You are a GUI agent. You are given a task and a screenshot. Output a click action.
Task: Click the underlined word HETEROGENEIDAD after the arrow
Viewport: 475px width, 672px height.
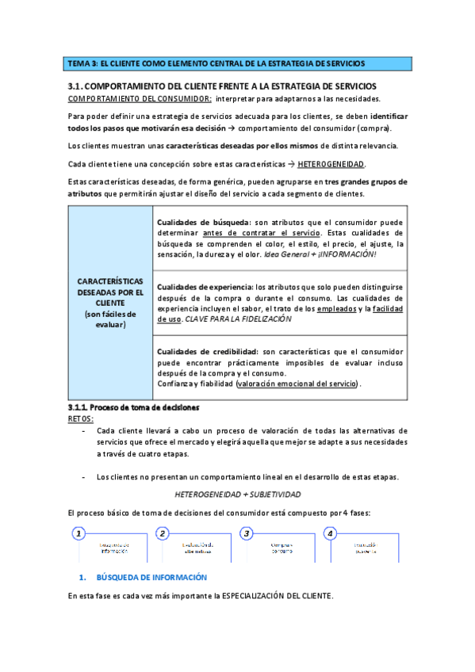pos(331,164)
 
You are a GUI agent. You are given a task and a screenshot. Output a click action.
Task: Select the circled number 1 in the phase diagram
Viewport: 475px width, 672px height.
pos(79,534)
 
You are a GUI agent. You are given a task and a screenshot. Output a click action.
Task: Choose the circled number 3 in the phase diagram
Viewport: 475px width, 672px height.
pos(247,534)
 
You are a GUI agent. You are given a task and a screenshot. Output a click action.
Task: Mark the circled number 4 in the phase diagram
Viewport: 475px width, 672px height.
pos(330,534)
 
